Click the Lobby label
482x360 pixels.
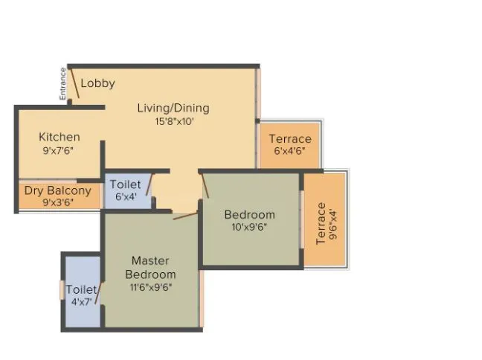click(97, 83)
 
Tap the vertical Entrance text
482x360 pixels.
click(63, 84)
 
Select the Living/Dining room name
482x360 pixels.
click(173, 108)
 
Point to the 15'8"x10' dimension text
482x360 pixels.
click(173, 121)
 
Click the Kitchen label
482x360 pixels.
click(60, 137)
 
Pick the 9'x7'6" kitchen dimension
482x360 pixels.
click(60, 150)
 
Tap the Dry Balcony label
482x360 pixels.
click(58, 190)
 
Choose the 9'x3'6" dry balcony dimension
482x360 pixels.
click(58, 202)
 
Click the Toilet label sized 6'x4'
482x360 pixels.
click(125, 184)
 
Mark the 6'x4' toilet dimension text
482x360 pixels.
click(125, 197)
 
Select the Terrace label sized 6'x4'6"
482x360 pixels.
click(290, 139)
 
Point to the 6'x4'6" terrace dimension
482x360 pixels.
click(290, 152)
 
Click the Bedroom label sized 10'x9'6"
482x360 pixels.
click(250, 215)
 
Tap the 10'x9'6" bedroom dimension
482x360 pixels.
click(250, 228)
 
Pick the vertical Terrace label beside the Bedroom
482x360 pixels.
click(321, 223)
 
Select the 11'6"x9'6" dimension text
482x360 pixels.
click(150, 286)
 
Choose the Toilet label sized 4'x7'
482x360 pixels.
click(80, 289)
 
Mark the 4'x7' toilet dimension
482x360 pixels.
click(81, 303)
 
